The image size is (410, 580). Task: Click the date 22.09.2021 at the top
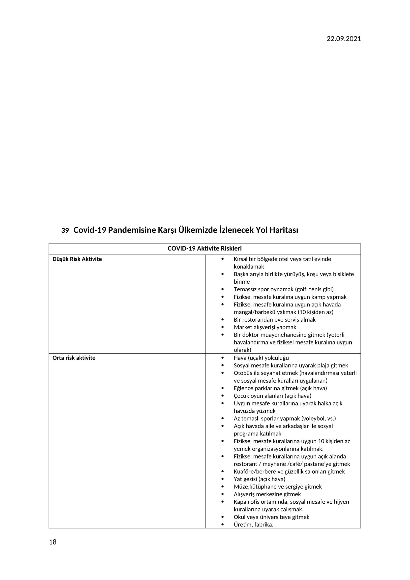click(344, 39)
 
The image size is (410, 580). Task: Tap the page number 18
click(53, 542)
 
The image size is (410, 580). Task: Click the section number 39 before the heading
click(65, 231)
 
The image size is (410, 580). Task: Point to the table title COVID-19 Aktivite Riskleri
click(205, 248)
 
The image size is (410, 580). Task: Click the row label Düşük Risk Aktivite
click(77, 259)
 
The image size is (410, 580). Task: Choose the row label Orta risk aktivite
click(74, 358)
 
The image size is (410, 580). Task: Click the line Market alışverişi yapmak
click(265, 327)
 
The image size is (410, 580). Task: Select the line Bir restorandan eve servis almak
click(274, 320)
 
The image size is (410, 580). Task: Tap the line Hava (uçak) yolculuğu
click(261, 358)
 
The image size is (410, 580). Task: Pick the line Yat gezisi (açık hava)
click(259, 479)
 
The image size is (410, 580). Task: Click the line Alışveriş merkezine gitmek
click(267, 494)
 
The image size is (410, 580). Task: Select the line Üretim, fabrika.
click(254, 525)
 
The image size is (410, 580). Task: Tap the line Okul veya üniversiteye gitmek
click(271, 517)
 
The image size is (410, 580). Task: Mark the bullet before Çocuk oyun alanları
click(222, 396)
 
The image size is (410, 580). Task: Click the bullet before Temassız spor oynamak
click(222, 289)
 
